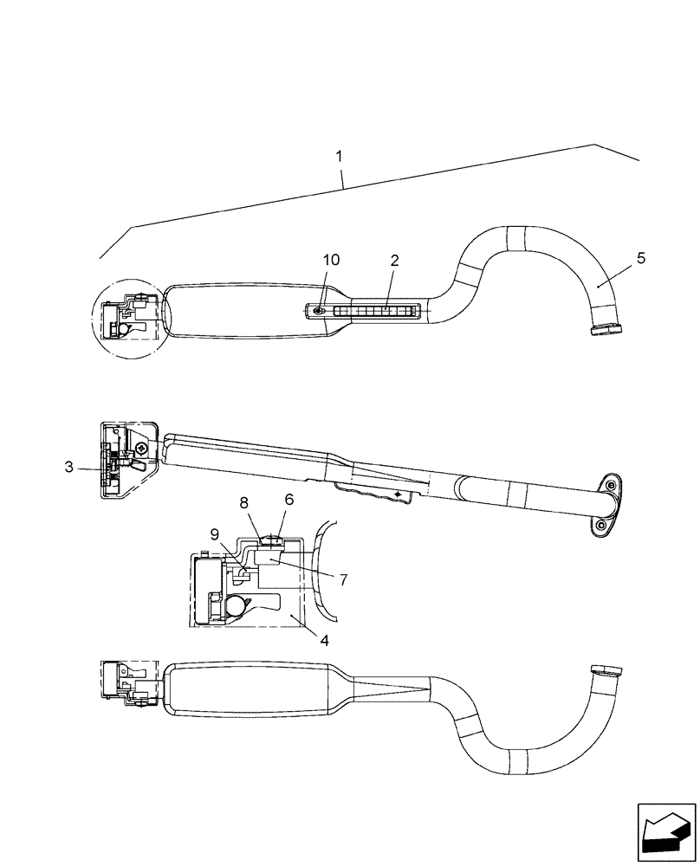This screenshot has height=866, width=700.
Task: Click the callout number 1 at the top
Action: coord(339,157)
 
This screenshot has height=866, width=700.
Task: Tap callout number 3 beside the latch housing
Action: coord(68,468)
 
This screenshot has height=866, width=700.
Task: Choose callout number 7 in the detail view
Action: coord(343,579)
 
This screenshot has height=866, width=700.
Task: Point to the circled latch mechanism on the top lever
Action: coord(128,318)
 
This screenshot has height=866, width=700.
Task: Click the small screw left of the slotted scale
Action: coord(319,310)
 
